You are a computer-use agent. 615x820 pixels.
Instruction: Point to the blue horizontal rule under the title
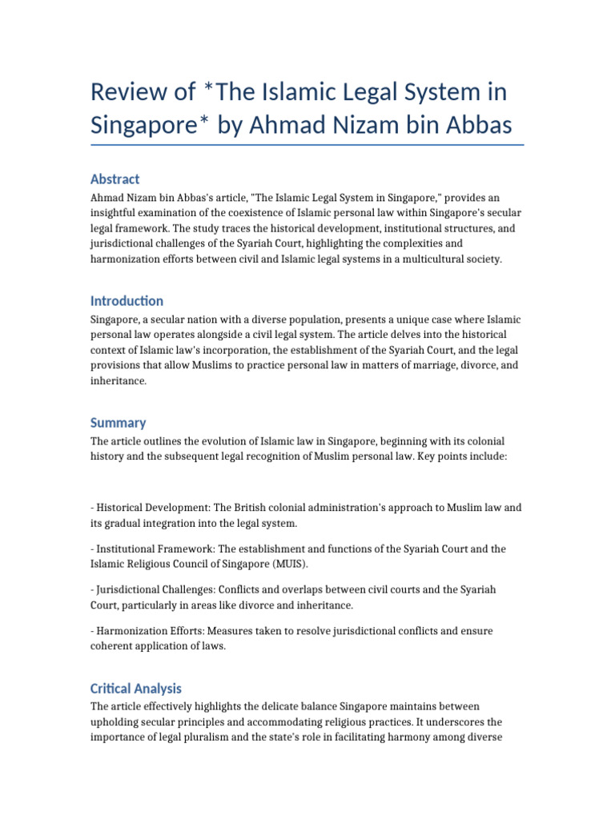click(x=307, y=145)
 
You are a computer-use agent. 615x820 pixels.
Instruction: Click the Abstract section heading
click(x=115, y=179)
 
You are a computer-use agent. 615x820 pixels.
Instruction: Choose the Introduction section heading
click(x=127, y=300)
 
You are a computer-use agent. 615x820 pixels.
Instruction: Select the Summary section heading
click(x=118, y=422)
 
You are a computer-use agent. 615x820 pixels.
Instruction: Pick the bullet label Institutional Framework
click(x=151, y=549)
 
